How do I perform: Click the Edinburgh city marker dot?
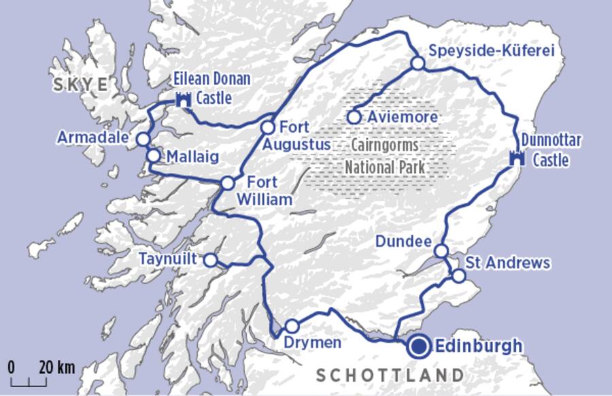pos(419,347)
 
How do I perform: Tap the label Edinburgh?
pos(479,346)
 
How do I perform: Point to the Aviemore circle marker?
pos(354,117)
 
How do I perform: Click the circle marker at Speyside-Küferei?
pos(418,63)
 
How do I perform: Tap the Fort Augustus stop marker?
pos(268,127)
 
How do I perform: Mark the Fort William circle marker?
pos(228,182)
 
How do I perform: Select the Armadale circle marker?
pos(143,139)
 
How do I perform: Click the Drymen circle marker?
pos(292,326)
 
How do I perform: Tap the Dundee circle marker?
pos(441,251)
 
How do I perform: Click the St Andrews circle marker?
pos(459,276)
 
